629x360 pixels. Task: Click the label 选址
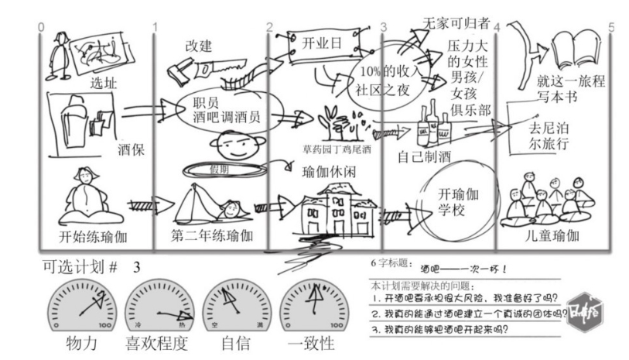[x=102, y=83]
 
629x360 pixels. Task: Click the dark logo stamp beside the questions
[x=586, y=310]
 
